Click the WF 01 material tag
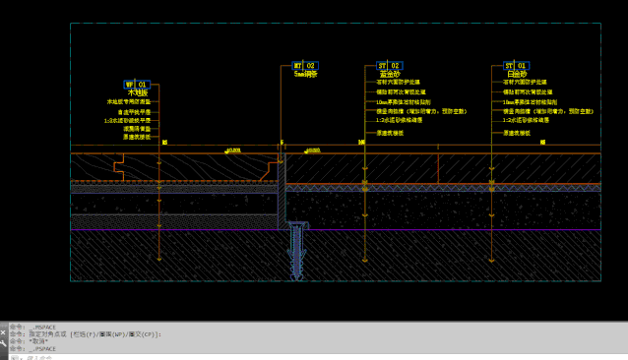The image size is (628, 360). tap(136, 86)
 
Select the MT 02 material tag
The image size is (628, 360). tap(305, 66)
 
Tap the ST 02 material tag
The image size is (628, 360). tap(389, 66)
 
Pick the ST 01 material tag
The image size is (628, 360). tap(516, 66)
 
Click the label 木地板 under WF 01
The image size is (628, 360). tap(137, 93)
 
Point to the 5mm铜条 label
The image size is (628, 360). tap(306, 74)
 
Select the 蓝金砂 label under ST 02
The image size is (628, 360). tap(390, 74)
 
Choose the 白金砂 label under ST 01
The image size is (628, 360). tap(517, 74)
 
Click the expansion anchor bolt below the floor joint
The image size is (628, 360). tap(296, 250)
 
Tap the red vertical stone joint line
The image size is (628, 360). tap(438, 168)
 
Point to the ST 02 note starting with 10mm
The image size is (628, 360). tap(403, 101)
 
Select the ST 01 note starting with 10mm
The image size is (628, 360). tap(530, 101)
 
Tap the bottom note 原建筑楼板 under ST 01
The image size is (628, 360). tap(518, 131)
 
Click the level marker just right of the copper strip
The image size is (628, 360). tap(310, 150)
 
